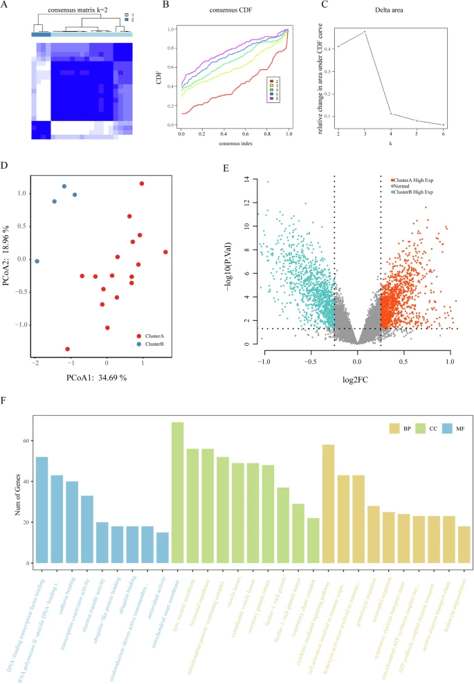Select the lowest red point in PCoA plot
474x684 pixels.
pyautogui.click(x=68, y=349)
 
